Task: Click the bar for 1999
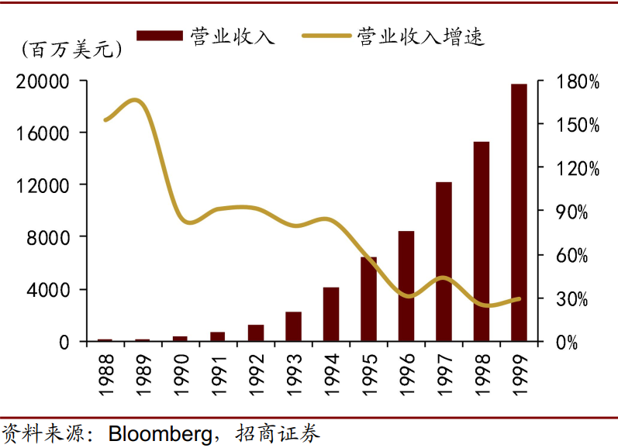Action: coord(519,212)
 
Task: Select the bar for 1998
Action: coord(482,241)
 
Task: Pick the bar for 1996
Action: coord(406,286)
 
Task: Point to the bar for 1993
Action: coord(293,326)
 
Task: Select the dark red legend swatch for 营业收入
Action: coord(161,36)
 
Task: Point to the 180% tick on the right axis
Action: coord(578,81)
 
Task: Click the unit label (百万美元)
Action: coord(71,50)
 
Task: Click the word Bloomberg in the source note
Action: coord(159,433)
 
